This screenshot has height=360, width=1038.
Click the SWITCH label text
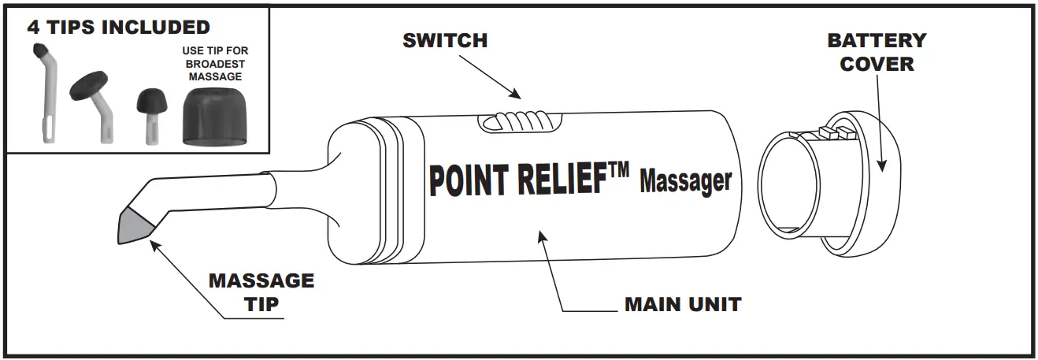(445, 40)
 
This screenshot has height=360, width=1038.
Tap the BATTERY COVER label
(877, 52)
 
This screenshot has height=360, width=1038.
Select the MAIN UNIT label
(683, 304)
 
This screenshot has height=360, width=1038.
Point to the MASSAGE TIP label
(261, 291)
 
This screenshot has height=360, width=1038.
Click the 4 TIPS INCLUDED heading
(118, 28)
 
